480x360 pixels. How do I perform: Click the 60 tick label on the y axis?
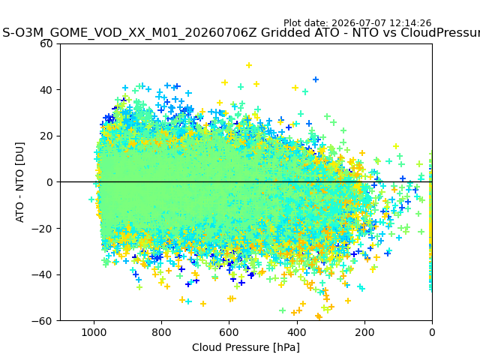(46, 43)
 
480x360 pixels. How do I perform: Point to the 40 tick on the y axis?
(46, 90)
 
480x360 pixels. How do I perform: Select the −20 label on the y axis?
(42, 228)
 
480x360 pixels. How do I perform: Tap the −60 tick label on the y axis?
(42, 321)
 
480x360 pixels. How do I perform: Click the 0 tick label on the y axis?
(49, 182)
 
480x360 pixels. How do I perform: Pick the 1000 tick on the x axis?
(94, 332)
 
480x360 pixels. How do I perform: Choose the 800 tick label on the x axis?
(162, 332)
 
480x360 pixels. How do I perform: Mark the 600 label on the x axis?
(229, 332)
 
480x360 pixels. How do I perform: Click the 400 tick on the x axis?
(297, 332)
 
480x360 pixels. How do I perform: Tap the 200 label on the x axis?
(364, 332)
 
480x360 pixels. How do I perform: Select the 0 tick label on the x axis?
(432, 332)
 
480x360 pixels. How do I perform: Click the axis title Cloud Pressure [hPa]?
(246, 347)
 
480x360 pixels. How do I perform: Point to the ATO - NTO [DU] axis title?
(19, 182)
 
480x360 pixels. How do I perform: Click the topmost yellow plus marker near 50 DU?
(249, 65)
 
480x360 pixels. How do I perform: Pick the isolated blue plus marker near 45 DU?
(316, 79)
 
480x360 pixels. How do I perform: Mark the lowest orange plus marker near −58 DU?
(319, 316)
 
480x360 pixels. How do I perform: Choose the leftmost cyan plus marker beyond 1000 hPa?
(91, 199)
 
